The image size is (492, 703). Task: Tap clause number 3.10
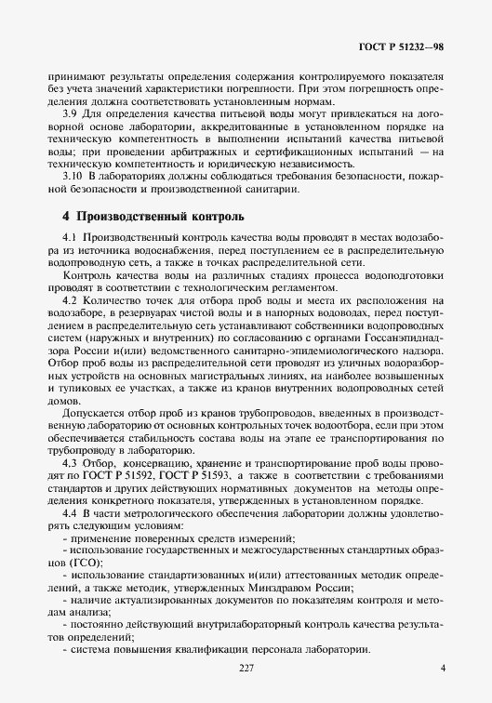(73, 178)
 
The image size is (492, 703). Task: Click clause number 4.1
(70, 241)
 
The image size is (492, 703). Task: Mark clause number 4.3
(70, 462)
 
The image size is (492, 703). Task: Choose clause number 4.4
(70, 512)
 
